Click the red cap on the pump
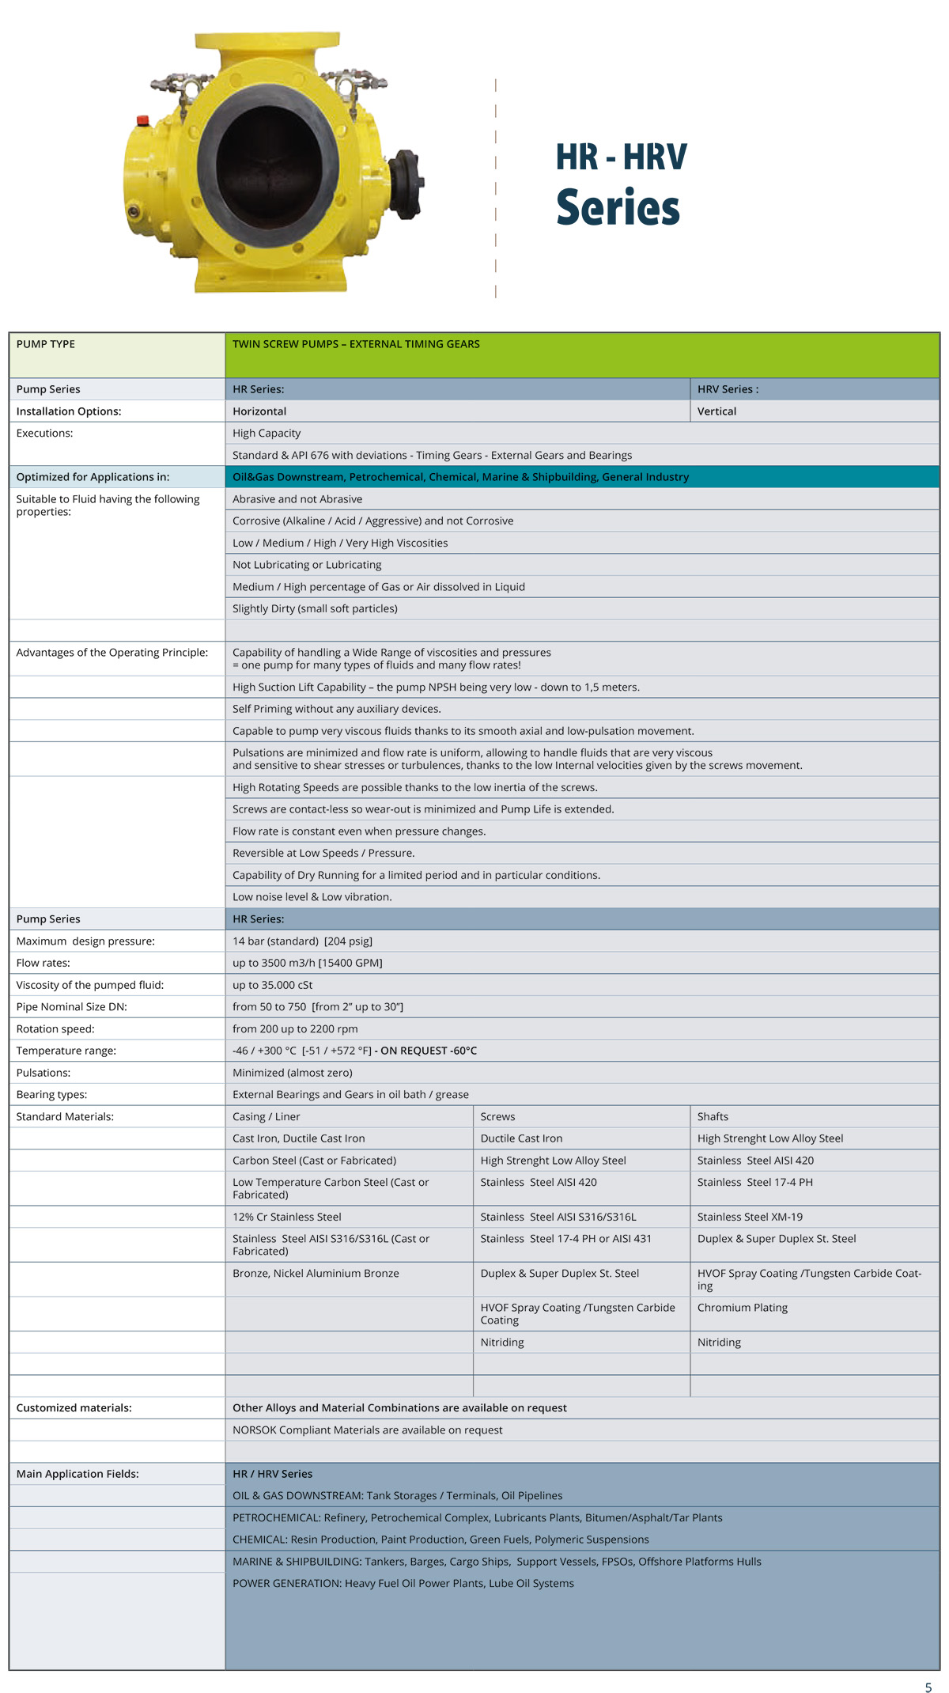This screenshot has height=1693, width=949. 143,121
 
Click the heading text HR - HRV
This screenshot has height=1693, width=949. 621,157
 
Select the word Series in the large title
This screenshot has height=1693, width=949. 618,208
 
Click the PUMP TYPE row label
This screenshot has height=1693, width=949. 46,344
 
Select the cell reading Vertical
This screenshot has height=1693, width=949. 716,411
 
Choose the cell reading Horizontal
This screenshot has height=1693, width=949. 259,411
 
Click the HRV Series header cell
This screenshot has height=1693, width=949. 728,389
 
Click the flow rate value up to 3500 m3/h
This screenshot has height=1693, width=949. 307,963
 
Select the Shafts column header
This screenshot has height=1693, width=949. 713,1117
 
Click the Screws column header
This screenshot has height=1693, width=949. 497,1117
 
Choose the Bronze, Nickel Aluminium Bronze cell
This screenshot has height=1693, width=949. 316,1274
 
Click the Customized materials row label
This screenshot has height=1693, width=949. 74,1408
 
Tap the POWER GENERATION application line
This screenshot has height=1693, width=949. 403,1584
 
